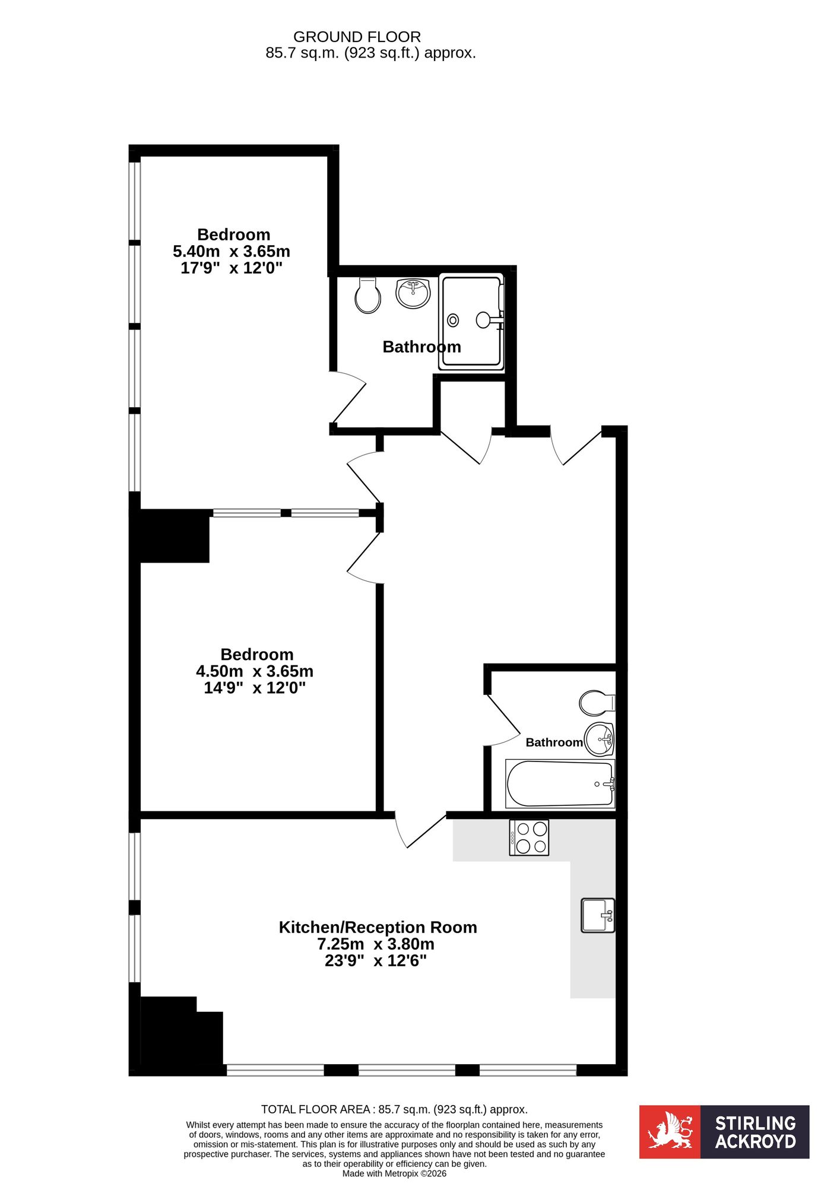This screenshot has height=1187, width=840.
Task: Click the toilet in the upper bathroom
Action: pyautogui.click(x=367, y=295)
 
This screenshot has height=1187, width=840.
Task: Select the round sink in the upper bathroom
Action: pyautogui.click(x=413, y=293)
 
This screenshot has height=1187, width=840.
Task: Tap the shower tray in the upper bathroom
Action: pyautogui.click(x=471, y=322)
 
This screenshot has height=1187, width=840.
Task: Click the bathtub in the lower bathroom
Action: pyautogui.click(x=560, y=783)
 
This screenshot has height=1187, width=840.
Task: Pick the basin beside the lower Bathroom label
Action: pyautogui.click(x=599, y=740)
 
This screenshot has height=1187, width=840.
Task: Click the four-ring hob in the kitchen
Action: pyautogui.click(x=529, y=837)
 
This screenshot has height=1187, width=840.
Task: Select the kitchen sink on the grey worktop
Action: pyautogui.click(x=598, y=915)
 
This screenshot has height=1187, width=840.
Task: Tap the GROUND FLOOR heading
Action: pyautogui.click(x=357, y=37)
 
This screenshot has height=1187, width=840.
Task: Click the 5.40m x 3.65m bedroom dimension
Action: pyautogui.click(x=232, y=251)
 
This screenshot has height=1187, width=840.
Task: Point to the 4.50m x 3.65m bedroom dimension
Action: pyautogui.click(x=255, y=671)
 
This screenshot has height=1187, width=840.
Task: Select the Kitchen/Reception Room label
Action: pyautogui.click(x=378, y=927)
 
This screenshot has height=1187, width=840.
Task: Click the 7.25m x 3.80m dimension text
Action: pyautogui.click(x=376, y=944)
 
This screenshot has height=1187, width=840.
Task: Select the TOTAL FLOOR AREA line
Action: pyautogui.click(x=394, y=1109)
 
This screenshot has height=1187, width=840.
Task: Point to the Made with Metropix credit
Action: pyautogui.click(x=394, y=1173)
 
